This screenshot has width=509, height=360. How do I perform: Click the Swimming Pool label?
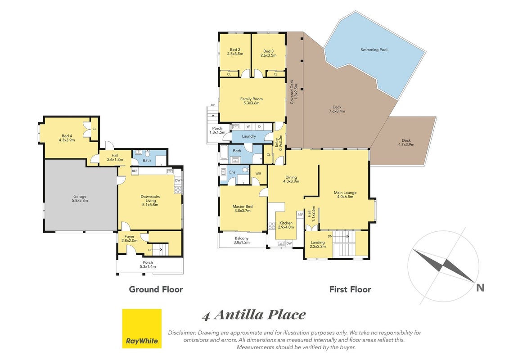(374, 49)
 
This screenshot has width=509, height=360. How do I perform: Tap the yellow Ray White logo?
(142, 328)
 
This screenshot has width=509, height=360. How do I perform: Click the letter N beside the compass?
(480, 288)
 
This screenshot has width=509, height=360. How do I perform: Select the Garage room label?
(80, 198)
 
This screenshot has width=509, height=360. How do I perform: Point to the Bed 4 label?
(67, 138)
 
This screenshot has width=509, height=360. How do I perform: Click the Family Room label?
(252, 101)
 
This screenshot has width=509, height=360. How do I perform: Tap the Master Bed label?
(243, 208)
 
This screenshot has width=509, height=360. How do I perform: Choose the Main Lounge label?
(345, 194)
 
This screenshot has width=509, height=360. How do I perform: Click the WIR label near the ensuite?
(258, 174)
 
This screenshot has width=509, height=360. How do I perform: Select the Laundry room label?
(249, 136)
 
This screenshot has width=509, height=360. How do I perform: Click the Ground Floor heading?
(156, 289)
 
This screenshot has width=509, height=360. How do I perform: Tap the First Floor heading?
(350, 289)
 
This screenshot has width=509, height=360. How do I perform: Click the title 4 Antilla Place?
(254, 315)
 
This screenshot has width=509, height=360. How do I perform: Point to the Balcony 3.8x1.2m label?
(242, 240)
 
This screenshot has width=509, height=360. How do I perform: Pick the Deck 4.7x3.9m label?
(406, 143)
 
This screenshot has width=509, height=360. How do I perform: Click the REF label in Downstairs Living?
(135, 171)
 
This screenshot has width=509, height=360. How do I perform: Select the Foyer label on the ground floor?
(130, 238)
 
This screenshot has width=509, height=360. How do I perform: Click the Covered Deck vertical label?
(294, 92)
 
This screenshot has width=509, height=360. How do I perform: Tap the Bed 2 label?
(235, 52)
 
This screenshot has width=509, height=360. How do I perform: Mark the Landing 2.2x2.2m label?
(317, 244)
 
